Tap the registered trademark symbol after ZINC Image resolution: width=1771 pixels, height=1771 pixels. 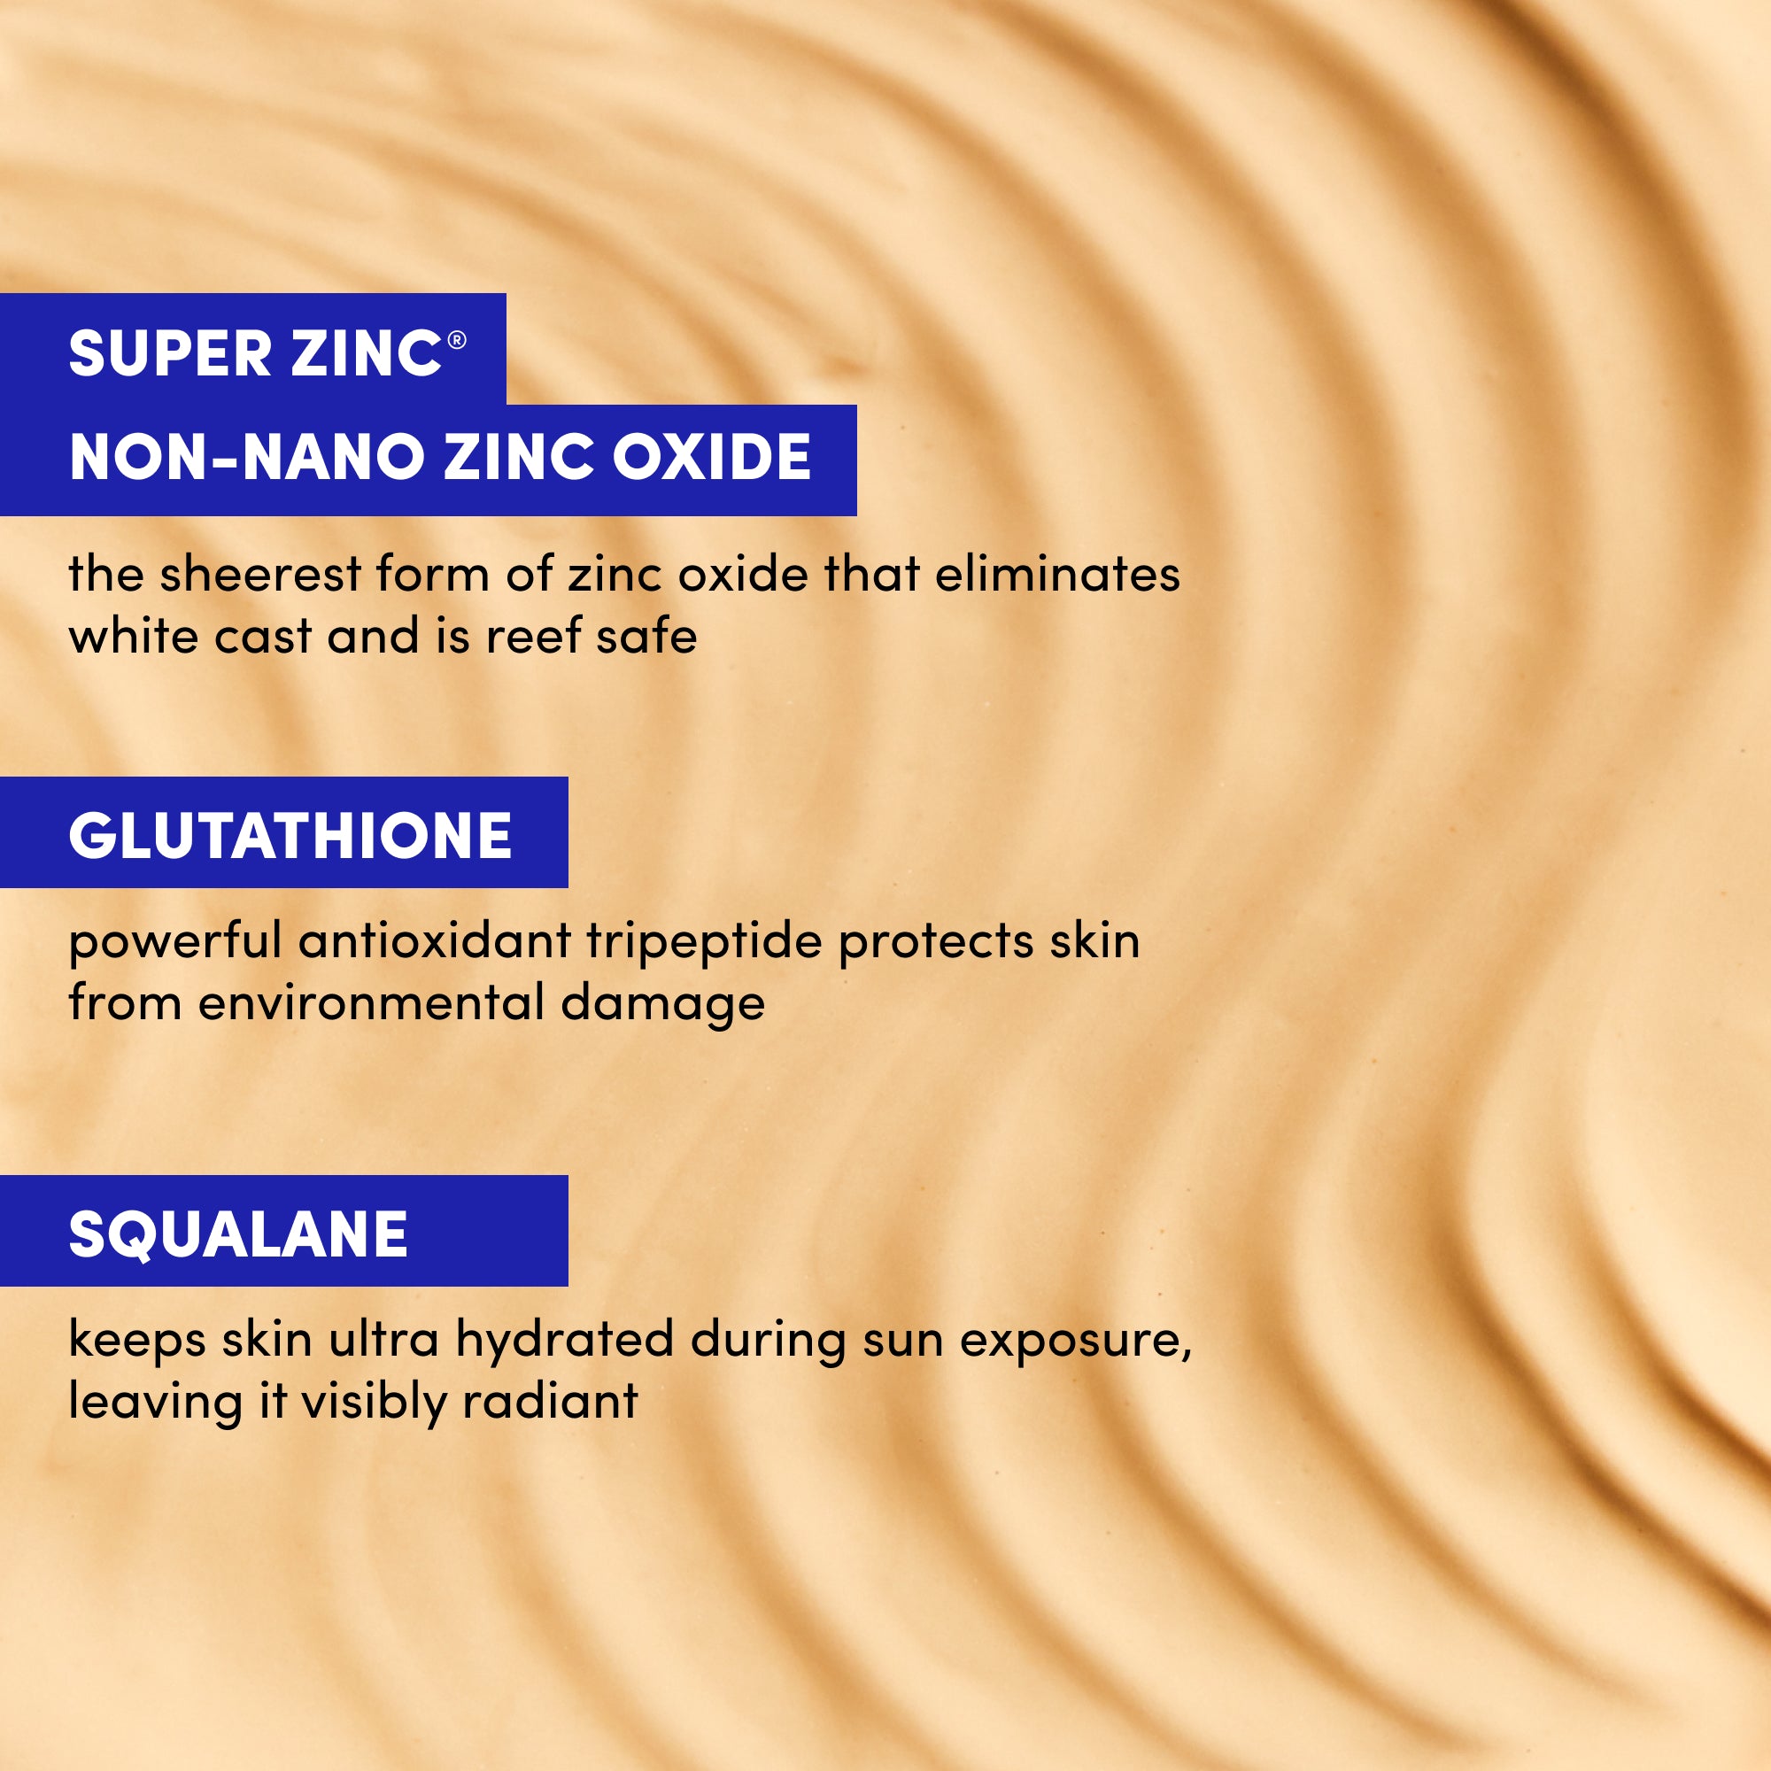pyautogui.click(x=457, y=341)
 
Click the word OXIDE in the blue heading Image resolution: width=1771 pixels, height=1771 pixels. pyautogui.click(x=711, y=457)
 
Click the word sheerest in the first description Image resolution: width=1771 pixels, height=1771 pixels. pyautogui.click(x=260, y=575)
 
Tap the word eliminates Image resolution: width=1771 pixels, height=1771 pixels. pyautogui.click(x=1057, y=575)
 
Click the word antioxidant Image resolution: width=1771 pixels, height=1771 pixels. pyautogui.click(x=435, y=940)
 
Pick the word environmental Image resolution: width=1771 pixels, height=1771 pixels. pyautogui.click(x=372, y=1003)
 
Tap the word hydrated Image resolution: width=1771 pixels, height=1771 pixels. pyautogui.click(x=565, y=1339)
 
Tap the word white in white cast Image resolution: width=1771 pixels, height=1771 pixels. pyautogui.click(x=133, y=636)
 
